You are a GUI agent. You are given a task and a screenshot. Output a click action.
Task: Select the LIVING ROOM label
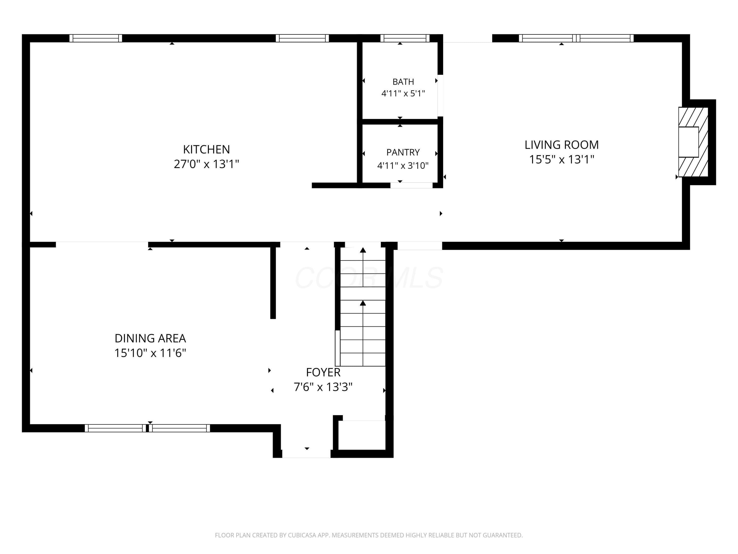562,145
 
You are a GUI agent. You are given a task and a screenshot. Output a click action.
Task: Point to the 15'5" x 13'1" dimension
562,160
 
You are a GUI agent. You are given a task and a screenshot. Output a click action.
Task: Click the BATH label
403,82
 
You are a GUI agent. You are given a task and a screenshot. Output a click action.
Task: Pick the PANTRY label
403,152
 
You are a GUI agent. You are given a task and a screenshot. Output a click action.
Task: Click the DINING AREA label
150,338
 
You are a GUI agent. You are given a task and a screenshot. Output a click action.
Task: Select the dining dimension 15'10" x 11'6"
150,353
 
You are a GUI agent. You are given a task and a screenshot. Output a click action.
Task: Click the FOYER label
323,372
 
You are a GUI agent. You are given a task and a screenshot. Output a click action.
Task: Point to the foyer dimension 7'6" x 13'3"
323,387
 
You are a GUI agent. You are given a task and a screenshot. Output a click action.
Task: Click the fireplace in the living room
693,142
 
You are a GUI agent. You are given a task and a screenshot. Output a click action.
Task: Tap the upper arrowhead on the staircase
363,250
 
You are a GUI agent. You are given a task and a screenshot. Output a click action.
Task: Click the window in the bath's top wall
405,38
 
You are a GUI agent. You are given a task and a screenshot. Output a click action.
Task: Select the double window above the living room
576,38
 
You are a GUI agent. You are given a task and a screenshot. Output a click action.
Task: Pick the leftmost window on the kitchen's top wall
96,38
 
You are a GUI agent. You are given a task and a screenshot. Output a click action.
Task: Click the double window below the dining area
147,428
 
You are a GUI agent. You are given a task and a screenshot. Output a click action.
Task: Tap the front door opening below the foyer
306,454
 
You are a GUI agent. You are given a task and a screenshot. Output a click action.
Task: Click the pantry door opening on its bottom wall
411,185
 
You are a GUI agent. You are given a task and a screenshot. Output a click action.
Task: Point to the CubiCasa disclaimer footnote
369,535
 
